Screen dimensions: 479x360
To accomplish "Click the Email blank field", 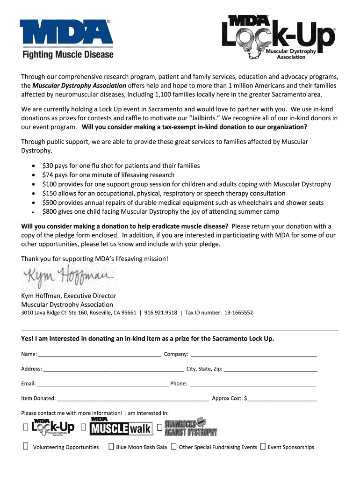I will click(103, 384).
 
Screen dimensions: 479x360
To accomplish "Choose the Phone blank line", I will click(252, 384).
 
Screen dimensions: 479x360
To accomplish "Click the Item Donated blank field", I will click(133, 399).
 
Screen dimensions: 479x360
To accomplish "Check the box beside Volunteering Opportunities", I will click(25, 447).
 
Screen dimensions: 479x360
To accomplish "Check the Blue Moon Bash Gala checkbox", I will click(111, 447).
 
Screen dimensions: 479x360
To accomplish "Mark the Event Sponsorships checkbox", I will click(263, 447).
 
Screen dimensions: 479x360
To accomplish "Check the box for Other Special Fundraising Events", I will click(173, 447).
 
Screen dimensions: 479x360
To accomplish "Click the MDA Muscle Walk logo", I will click(121, 427).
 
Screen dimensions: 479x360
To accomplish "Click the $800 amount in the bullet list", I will click(49, 211).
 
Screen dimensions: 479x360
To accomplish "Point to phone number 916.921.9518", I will click(161, 312).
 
